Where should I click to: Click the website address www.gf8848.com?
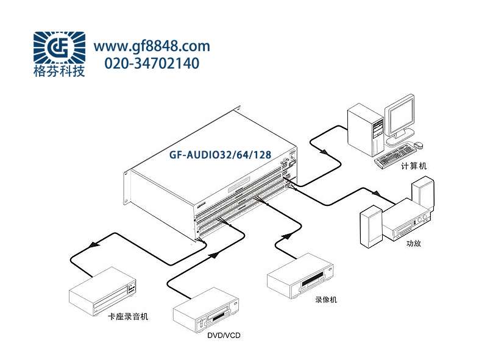(x=151, y=46)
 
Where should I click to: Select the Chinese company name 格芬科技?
(x=59, y=71)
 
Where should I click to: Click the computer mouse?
(x=419, y=144)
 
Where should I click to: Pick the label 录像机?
(x=326, y=300)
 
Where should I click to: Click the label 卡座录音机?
(x=128, y=317)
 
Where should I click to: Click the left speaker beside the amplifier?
(x=370, y=229)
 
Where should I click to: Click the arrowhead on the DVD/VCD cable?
(x=214, y=256)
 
